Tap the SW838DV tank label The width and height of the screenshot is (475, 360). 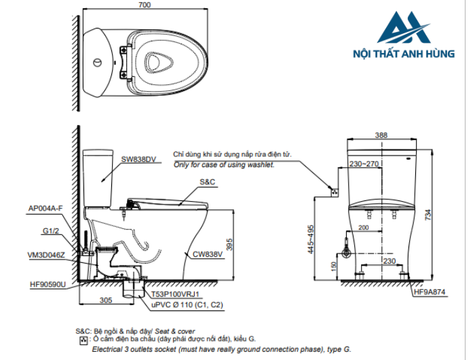point(138,160)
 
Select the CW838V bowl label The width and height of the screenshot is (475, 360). point(207,255)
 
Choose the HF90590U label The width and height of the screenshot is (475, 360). point(47,285)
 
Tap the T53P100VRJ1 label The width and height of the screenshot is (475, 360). point(175,294)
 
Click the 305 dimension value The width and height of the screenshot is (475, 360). point(106,300)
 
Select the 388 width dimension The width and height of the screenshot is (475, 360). point(381,136)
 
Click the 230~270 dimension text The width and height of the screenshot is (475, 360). point(364,164)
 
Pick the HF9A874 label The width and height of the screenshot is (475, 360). point(430,293)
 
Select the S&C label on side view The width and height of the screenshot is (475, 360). point(208,183)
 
